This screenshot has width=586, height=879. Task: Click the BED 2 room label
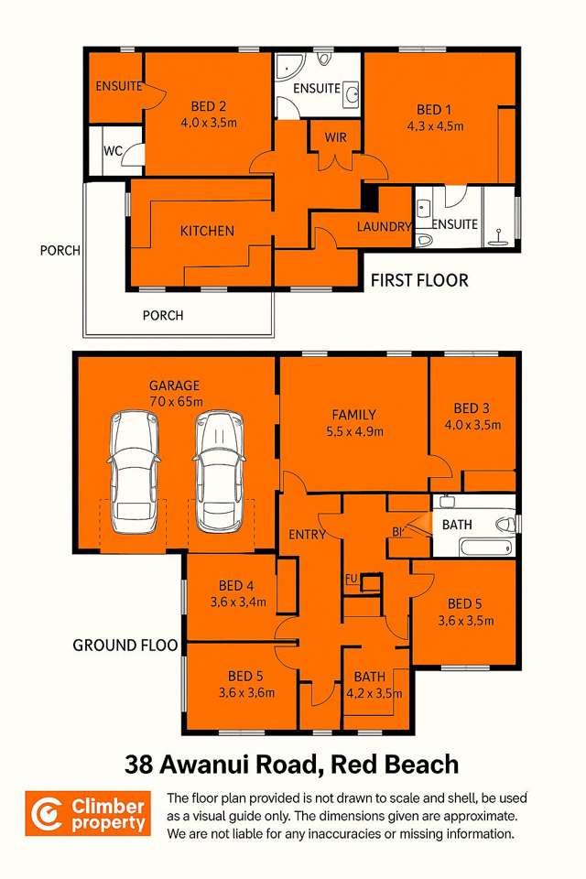[209, 104]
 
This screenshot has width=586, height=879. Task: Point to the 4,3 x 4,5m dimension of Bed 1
[434, 125]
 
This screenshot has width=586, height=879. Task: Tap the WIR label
[336, 138]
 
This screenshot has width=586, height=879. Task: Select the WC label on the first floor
[113, 150]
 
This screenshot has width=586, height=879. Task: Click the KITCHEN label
[207, 231]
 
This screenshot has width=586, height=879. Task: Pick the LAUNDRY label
[384, 226]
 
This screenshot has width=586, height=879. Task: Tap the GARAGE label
[174, 385]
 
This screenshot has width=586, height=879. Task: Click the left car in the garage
[134, 472]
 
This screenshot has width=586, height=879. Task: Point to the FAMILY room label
[353, 415]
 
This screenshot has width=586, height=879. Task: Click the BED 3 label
[472, 408]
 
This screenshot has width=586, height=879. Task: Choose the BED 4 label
[236, 586]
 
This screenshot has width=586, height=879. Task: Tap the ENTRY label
[307, 535]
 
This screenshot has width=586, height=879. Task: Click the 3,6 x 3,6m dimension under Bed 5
[246, 692]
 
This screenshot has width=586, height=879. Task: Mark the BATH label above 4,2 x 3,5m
[369, 677]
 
